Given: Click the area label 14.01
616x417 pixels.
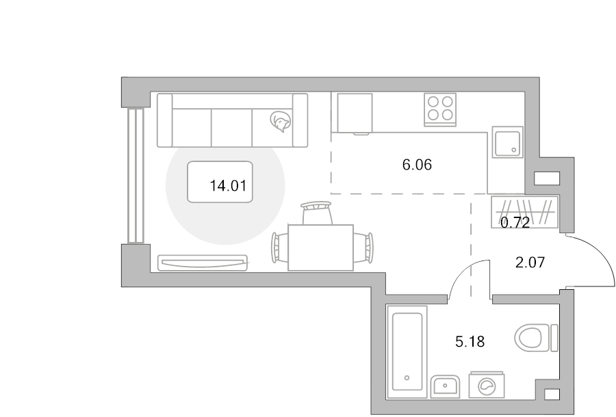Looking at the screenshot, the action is [x=228, y=185].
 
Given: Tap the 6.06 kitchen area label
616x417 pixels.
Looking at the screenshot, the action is [x=417, y=165].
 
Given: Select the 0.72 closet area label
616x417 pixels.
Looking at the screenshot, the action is [x=515, y=223].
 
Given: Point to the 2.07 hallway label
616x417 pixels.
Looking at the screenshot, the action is [x=530, y=262].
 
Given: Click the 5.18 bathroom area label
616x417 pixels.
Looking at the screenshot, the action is [x=470, y=342].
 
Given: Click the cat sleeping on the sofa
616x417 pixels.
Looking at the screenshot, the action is [x=281, y=121].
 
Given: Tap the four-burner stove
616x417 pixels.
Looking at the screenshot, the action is [x=440, y=109].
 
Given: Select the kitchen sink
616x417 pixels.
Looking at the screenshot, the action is [x=508, y=142].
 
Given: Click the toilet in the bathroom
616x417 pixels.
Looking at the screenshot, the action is [x=537, y=338].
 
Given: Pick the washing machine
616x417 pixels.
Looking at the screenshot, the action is [x=487, y=384].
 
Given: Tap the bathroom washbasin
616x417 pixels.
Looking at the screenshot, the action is [x=445, y=386].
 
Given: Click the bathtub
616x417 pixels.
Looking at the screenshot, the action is [x=407, y=352].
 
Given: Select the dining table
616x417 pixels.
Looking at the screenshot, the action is [x=320, y=247].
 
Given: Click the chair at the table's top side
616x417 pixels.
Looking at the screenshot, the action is [x=316, y=213].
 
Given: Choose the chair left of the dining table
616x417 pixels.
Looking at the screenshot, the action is [x=279, y=247].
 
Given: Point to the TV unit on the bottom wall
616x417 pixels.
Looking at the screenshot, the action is [x=203, y=263].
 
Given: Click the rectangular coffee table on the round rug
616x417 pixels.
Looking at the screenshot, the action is [x=220, y=182].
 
